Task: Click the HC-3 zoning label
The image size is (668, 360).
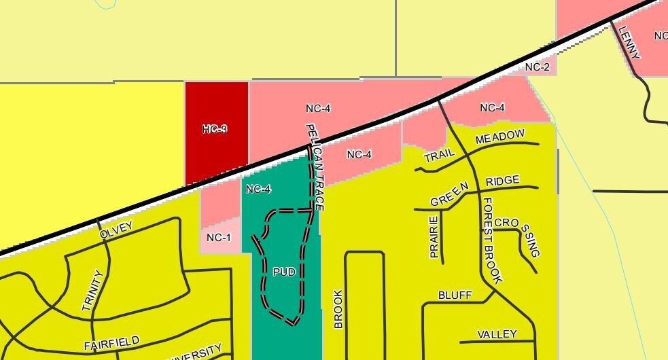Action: pyautogui.click(x=215, y=129)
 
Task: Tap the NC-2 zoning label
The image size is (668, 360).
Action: pyautogui.click(x=537, y=67)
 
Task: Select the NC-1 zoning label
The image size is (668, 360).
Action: pyautogui.click(x=219, y=237)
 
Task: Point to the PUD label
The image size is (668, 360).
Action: pyautogui.click(x=284, y=272)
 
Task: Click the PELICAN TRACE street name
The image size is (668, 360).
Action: pyautogui.click(x=316, y=166)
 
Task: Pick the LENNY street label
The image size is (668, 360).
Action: pyautogui.click(x=629, y=42)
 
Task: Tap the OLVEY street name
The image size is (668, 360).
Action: pyautogui.click(x=116, y=230)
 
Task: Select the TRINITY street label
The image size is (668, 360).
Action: pyautogui.click(x=92, y=291)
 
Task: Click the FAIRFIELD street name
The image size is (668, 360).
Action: pyautogui.click(x=112, y=342)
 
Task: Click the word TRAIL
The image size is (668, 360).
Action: pyautogui.click(x=439, y=156)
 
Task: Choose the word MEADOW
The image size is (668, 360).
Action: pyautogui.click(x=500, y=137)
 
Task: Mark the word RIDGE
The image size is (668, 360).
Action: pyautogui.click(x=503, y=180)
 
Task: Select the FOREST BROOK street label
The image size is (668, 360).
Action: pyautogui.click(x=492, y=241)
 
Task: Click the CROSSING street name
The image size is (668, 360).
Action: pyautogui.click(x=521, y=236)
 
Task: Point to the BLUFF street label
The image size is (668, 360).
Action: pyautogui.click(x=455, y=295)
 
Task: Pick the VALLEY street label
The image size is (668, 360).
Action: pyautogui.click(x=497, y=334)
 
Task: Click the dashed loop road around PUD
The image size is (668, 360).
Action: pyautogui.click(x=303, y=272)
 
